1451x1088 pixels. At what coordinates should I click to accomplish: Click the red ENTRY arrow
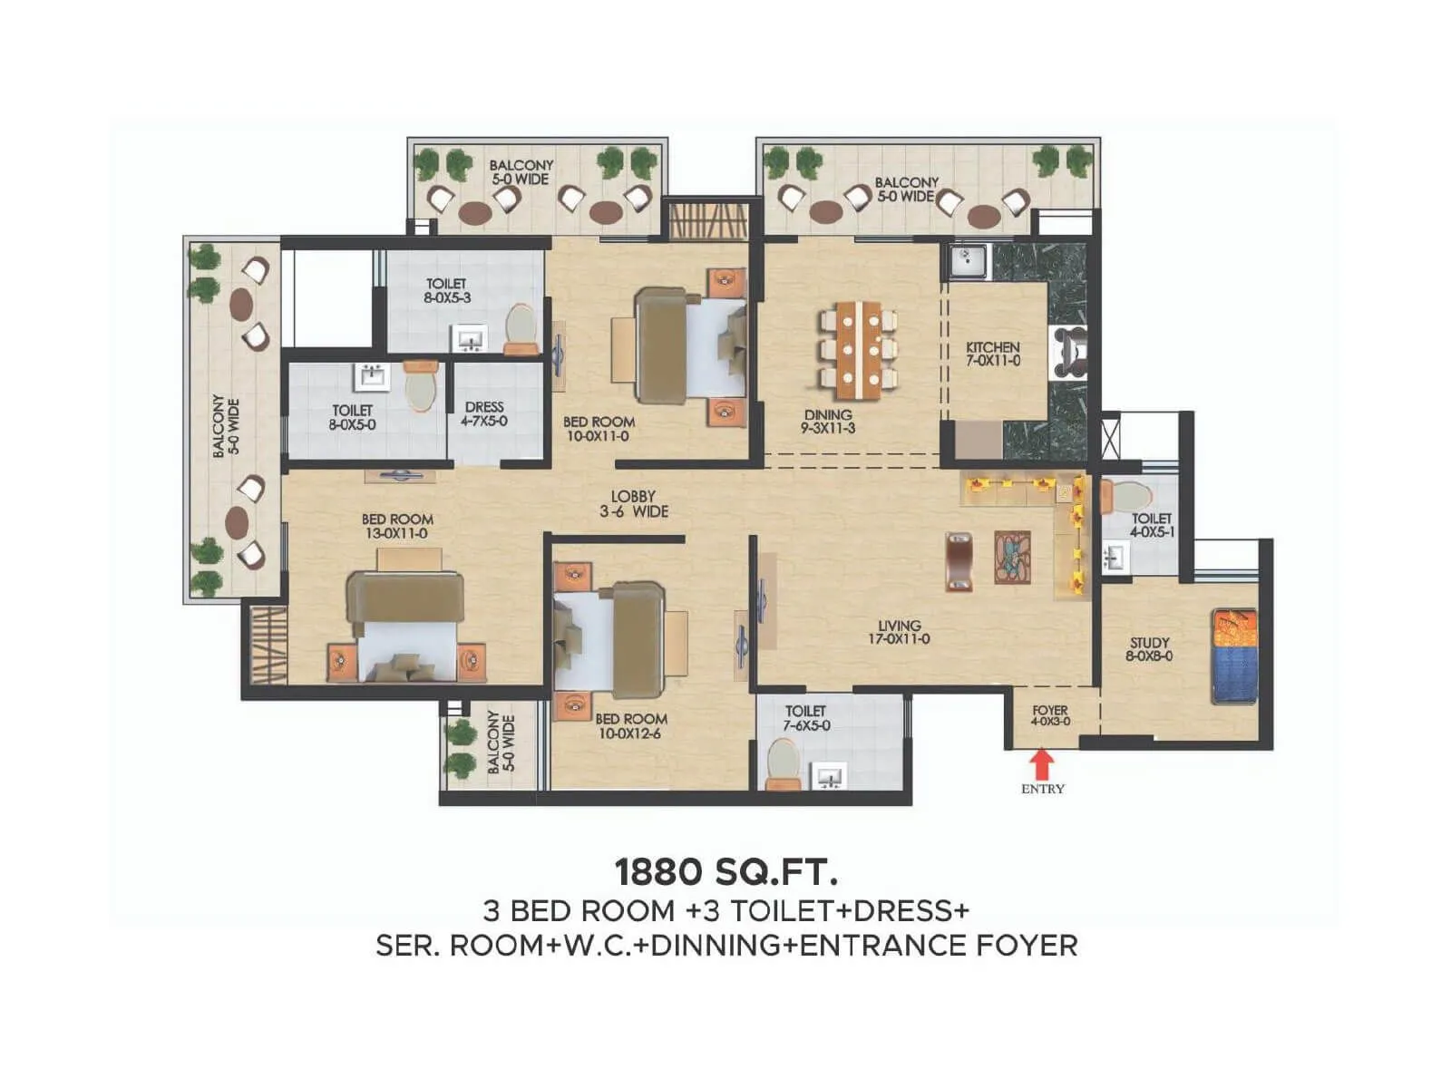click(1043, 763)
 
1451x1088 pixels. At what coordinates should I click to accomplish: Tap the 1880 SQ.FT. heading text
click(725, 871)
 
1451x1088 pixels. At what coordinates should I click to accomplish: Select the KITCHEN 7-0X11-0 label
click(992, 354)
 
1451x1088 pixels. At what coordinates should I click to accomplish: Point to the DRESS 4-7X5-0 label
click(483, 414)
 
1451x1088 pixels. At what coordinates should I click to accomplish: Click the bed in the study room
click(1235, 656)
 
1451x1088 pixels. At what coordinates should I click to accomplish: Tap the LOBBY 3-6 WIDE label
click(633, 504)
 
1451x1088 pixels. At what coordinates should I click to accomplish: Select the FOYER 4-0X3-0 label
click(1050, 715)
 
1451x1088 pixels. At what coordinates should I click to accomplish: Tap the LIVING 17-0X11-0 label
click(899, 632)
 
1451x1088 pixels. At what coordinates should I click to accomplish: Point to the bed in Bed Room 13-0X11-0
click(405, 626)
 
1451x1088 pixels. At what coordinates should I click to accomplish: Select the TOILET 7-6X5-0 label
click(806, 718)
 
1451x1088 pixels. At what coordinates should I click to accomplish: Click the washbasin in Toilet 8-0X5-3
click(470, 340)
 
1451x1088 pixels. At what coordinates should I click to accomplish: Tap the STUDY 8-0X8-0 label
click(1149, 649)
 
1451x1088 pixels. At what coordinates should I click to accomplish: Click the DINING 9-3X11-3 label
click(828, 421)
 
